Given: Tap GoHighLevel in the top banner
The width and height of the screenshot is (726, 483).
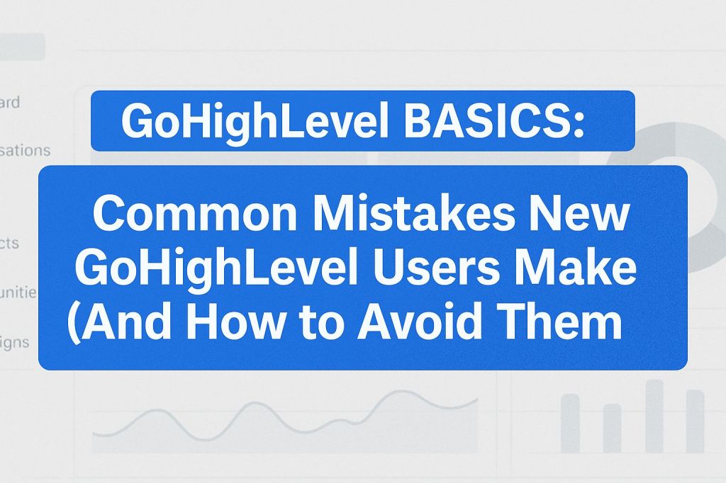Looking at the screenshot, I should (247, 121).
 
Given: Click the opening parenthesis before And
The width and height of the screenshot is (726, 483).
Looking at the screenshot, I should (74, 324).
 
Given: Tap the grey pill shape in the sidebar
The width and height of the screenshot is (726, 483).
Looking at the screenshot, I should (21, 47).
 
